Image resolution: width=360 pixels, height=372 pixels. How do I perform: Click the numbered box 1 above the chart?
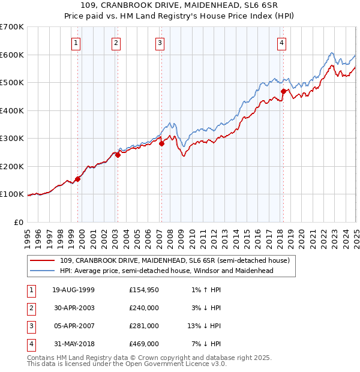click(x=77, y=43)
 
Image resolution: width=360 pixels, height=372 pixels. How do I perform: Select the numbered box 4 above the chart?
click(x=281, y=43)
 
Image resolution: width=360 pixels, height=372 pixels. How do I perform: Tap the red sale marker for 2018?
click(x=283, y=92)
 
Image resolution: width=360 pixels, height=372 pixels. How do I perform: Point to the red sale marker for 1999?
click(x=78, y=179)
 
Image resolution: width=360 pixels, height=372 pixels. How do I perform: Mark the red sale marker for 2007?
click(x=161, y=143)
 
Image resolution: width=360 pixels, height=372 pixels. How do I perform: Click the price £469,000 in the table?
click(x=144, y=344)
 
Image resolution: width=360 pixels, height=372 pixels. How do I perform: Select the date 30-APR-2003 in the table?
click(x=74, y=308)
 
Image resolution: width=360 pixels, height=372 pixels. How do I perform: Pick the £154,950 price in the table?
click(x=144, y=290)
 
